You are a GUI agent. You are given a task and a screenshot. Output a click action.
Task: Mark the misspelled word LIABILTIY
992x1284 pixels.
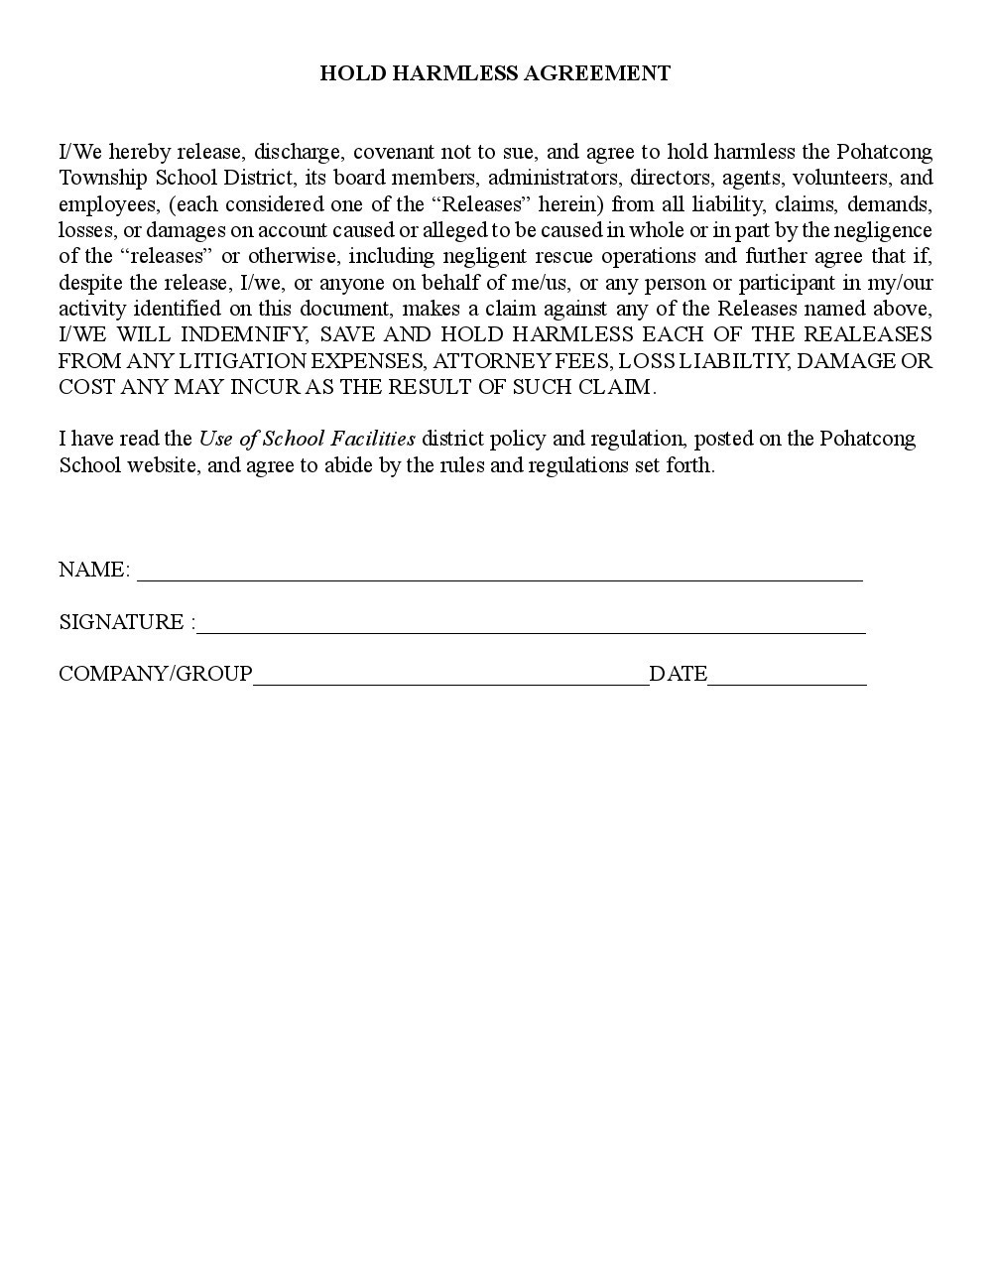point(733,360)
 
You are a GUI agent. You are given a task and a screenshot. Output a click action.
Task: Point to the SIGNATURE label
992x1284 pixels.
point(121,622)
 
